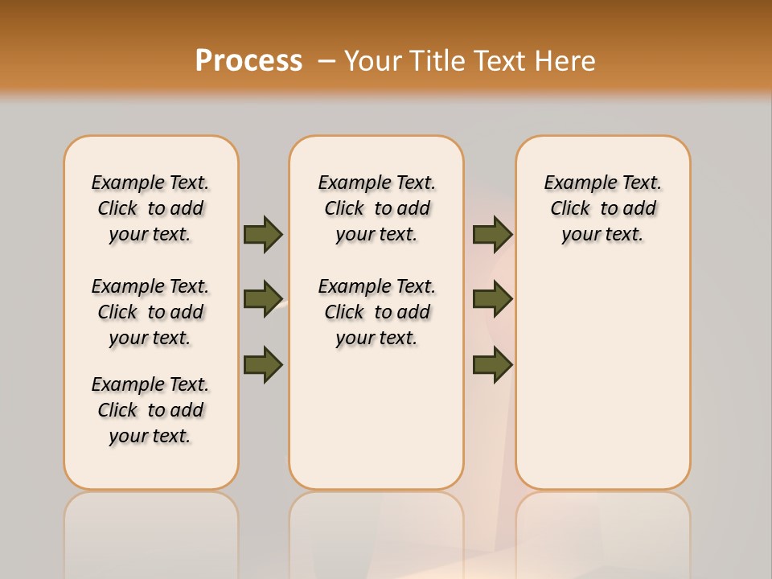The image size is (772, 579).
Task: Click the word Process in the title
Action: pos(248,60)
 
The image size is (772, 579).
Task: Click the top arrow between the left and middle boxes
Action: pos(263,234)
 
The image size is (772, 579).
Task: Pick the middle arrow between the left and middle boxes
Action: pos(263,299)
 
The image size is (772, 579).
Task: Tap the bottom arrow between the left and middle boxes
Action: pos(263,364)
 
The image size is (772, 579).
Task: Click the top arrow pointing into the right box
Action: pos(492,234)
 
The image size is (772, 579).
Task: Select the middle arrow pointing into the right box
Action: pos(492,299)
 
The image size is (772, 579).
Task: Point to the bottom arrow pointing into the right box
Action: pos(492,364)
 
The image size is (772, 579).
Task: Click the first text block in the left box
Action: pos(150,208)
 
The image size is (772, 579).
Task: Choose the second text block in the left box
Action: pos(150,312)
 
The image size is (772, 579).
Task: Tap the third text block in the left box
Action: pos(150,410)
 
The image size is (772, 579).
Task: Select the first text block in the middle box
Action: pos(376,208)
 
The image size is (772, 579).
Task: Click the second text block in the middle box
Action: pos(376,312)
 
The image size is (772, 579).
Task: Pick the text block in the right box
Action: pos(602,208)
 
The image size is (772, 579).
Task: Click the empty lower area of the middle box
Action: pos(376,418)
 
